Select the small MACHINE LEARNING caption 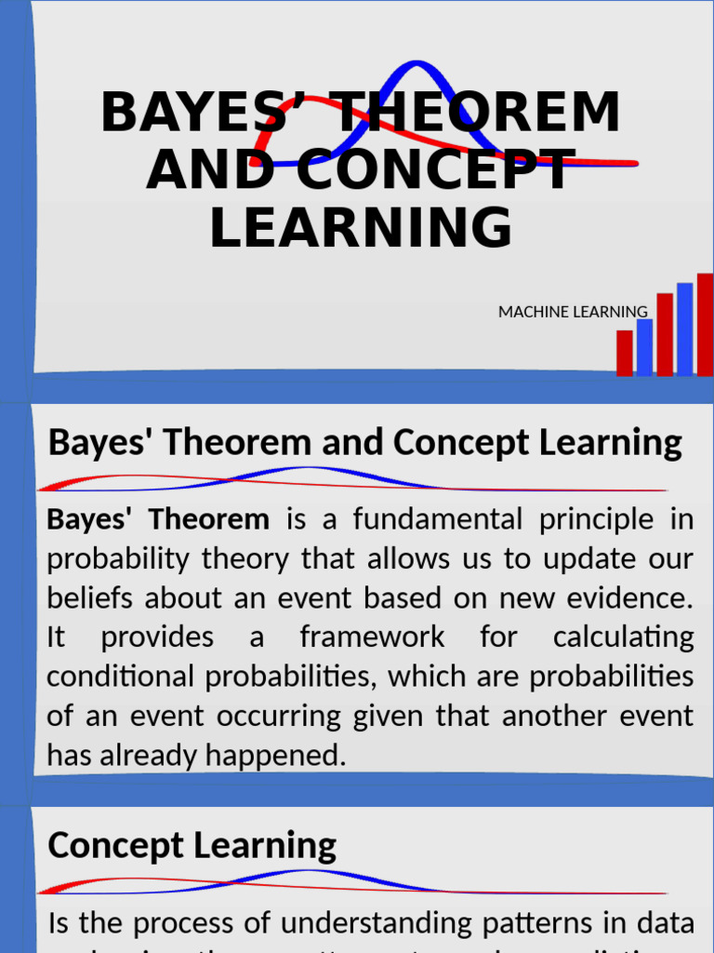(x=573, y=312)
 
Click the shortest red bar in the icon (x=624, y=353)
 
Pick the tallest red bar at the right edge (x=706, y=324)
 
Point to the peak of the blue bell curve (x=417, y=64)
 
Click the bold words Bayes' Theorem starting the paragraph (x=158, y=519)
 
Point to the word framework (x=372, y=638)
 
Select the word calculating (x=623, y=638)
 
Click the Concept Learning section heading (x=192, y=846)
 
